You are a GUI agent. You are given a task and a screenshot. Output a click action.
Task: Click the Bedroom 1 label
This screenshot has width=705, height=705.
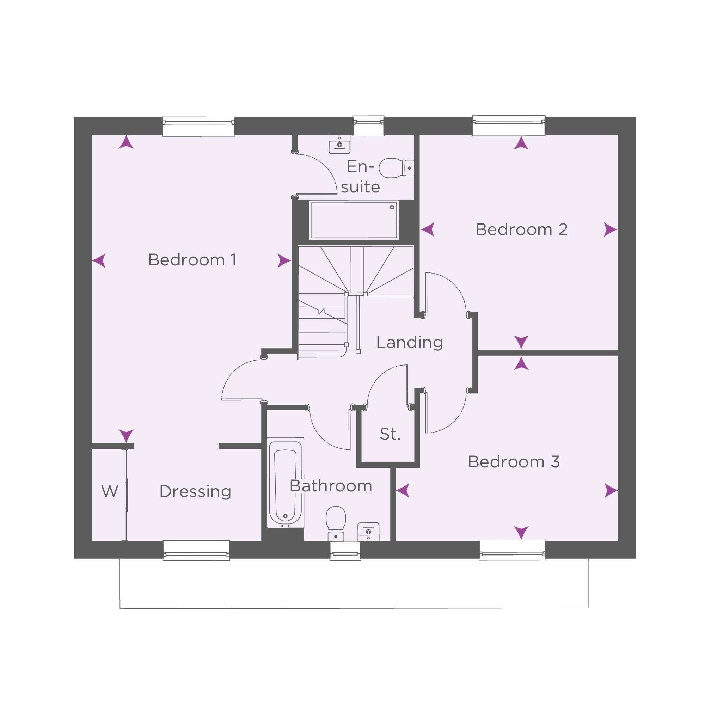pyautogui.click(x=192, y=260)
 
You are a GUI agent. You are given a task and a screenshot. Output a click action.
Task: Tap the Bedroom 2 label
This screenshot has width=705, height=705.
pyautogui.click(x=521, y=230)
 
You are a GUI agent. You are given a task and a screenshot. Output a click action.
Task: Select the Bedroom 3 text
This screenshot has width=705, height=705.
pyautogui.click(x=514, y=462)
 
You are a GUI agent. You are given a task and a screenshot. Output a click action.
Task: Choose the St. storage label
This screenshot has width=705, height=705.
pyautogui.click(x=390, y=434)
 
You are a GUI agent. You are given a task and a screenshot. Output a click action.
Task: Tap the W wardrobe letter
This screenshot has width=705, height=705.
pyautogui.click(x=110, y=491)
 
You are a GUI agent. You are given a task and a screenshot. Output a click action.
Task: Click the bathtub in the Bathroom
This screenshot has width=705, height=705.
pyautogui.click(x=286, y=483)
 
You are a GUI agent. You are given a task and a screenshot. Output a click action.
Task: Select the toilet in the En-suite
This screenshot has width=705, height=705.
pyautogui.click(x=396, y=168)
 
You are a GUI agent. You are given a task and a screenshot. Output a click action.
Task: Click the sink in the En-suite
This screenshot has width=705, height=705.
pyautogui.click(x=339, y=145)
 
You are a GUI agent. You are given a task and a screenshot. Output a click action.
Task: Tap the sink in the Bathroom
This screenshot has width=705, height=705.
pyautogui.click(x=369, y=532)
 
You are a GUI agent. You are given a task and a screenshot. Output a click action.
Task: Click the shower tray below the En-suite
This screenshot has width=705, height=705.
pyautogui.click(x=354, y=220)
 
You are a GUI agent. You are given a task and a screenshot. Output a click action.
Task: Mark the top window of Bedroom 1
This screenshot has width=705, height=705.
pyautogui.click(x=198, y=126)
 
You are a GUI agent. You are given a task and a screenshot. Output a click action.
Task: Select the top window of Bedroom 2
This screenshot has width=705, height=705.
pyautogui.click(x=509, y=126)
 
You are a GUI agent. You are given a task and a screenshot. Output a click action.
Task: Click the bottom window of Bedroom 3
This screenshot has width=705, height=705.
pyautogui.click(x=512, y=550)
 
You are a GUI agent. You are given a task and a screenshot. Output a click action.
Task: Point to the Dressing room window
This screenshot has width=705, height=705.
pyautogui.click(x=196, y=551)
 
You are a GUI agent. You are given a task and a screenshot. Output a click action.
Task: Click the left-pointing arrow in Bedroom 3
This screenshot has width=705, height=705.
pyautogui.click(x=403, y=490)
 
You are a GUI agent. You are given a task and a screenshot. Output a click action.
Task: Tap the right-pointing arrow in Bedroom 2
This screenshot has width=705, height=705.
pyautogui.click(x=610, y=230)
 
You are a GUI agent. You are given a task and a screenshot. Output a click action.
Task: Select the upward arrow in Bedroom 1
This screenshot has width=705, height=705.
pyautogui.click(x=126, y=142)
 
